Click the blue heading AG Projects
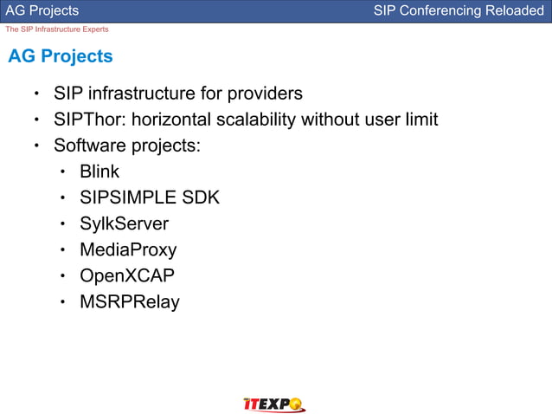pyautogui.click(x=61, y=57)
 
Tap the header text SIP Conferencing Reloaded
pyautogui.click(x=459, y=10)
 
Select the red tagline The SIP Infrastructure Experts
pyautogui.click(x=57, y=29)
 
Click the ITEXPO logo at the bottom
pyautogui.click(x=273, y=404)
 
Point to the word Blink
pyautogui.click(x=99, y=171)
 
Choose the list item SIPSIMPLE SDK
pyautogui.click(x=150, y=197)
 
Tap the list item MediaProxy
pyautogui.click(x=128, y=250)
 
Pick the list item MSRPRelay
pyautogui.click(x=130, y=302)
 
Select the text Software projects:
pyautogui.click(x=127, y=145)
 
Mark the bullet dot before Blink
pyautogui.click(x=63, y=172)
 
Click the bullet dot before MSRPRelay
pyautogui.click(x=63, y=303)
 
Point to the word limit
pyautogui.click(x=421, y=119)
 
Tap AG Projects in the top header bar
pyautogui.click(x=42, y=10)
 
